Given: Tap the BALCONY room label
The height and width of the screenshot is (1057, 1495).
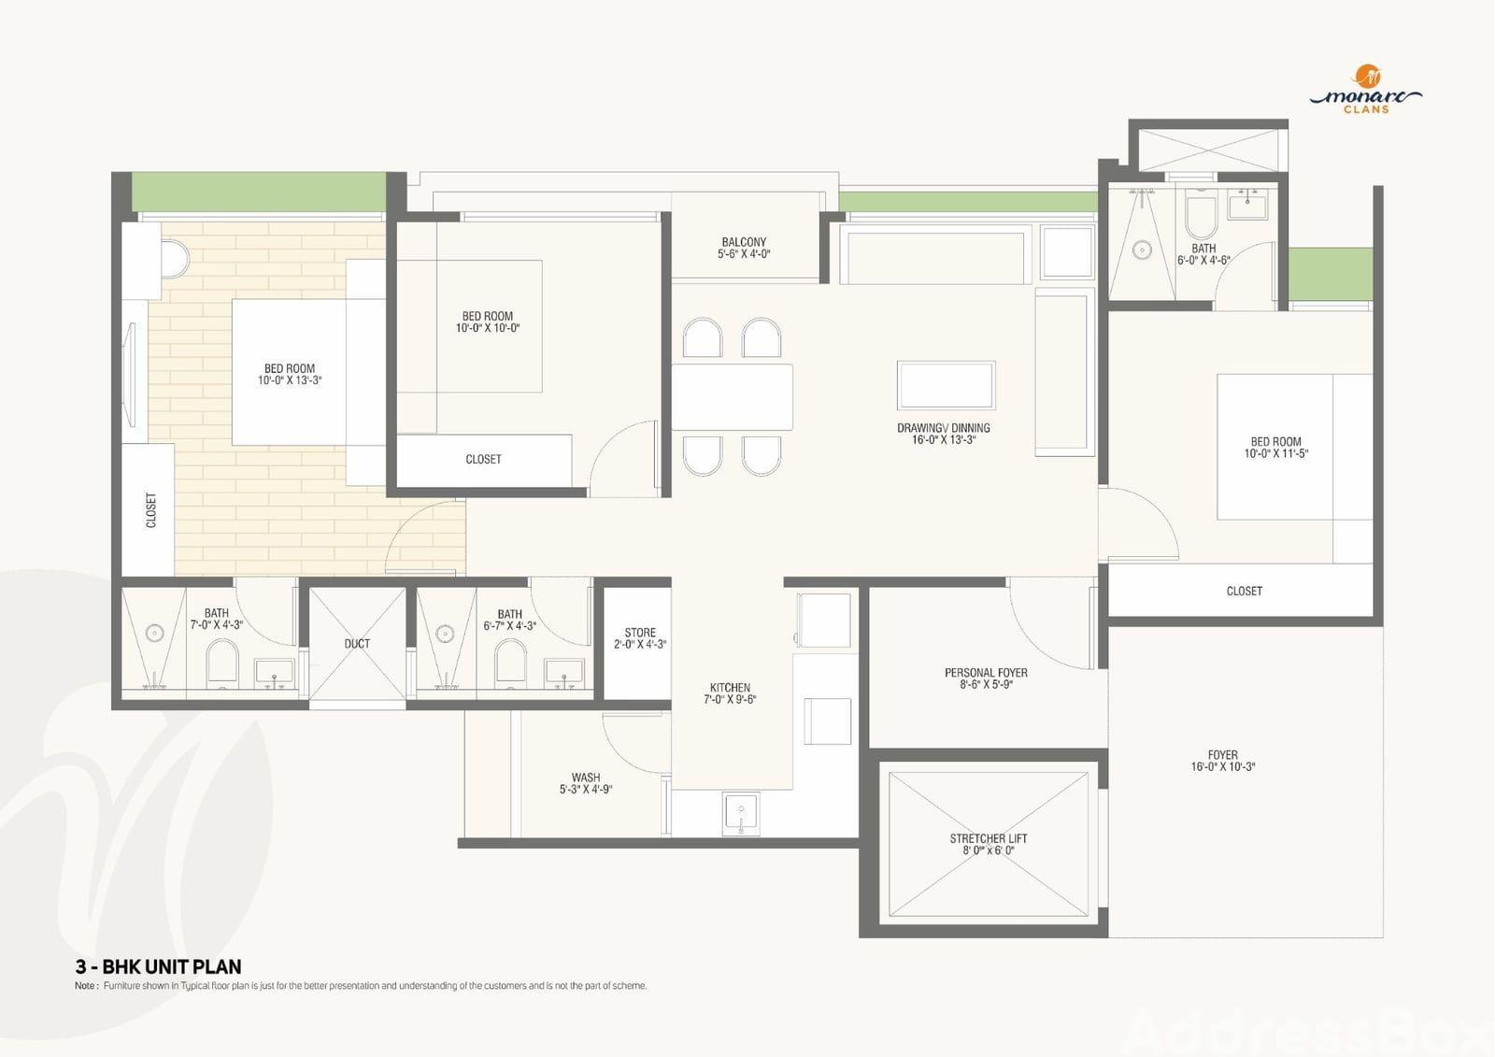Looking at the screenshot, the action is tap(744, 242).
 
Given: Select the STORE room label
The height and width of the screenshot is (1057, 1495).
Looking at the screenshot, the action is tap(640, 633).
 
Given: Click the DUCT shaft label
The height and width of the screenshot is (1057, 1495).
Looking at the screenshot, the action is tap(357, 644).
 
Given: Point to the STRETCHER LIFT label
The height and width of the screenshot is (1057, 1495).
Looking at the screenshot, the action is tap(989, 838).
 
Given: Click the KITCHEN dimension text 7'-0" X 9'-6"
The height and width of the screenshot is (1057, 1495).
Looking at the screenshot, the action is tap(730, 699).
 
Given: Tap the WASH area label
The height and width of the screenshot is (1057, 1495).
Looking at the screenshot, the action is tap(586, 778).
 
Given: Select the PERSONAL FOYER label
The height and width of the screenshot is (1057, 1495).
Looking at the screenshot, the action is tap(986, 672).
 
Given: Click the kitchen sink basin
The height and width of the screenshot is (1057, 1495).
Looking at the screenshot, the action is tap(741, 813).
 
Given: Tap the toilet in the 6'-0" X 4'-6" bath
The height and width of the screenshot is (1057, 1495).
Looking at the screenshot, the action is tap(1202, 215).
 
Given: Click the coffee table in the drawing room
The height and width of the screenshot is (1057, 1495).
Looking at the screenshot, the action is tap(947, 385).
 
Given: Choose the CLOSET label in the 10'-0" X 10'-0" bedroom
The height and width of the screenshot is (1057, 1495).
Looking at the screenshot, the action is tap(483, 460).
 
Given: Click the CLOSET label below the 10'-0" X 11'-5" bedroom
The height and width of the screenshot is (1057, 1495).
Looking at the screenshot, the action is tap(1245, 591).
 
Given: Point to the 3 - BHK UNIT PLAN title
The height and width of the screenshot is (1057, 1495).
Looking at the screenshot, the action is tap(158, 967).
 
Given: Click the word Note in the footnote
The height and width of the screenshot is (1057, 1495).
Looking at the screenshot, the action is tap(85, 986).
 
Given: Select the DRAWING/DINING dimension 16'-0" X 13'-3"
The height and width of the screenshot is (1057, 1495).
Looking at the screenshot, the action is tap(944, 440).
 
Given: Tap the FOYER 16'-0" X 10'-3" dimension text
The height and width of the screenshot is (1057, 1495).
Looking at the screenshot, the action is tap(1223, 766).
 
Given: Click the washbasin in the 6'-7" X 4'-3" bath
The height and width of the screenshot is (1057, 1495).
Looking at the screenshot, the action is tap(564, 674).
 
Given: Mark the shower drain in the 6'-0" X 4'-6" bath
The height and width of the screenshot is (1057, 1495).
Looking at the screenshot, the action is tap(1142, 250).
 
